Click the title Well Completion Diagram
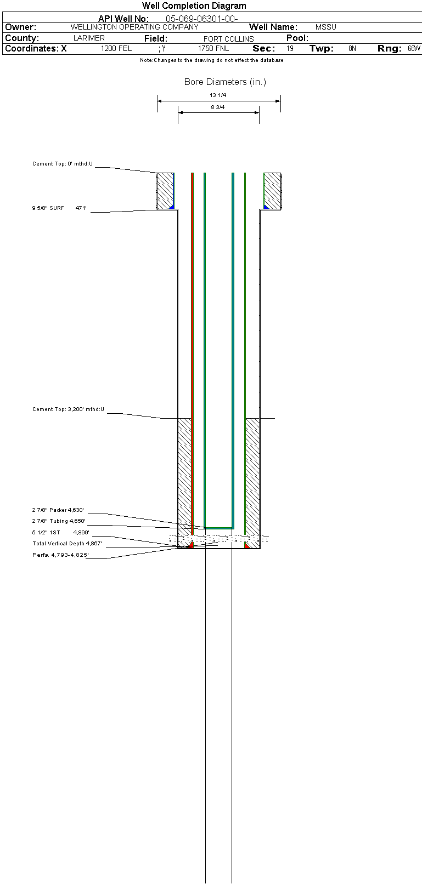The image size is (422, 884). coord(194,5)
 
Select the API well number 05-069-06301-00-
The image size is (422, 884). coord(201,19)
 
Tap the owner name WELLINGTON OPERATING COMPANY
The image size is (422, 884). coord(134,27)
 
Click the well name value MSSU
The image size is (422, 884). coord(325,27)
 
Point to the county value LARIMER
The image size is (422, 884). coord(89,38)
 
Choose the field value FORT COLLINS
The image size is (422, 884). coord(228,39)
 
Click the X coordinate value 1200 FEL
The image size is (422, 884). coord(116,48)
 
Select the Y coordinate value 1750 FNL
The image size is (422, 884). coord(213,48)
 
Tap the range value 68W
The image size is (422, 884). coord(414,48)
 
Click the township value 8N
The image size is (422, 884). coord(352,48)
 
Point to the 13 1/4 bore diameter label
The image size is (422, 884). coord(218,95)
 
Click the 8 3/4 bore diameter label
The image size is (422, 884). coord(218,107)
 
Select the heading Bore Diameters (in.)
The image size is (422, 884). coord(225,82)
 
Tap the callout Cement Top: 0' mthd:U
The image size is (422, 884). coord(63,164)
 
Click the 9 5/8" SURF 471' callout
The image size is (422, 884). coord(59,208)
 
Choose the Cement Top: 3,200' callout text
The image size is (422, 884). coord(69,409)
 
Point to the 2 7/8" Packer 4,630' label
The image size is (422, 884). coord(58,510)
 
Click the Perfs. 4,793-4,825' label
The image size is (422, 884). coord(60,555)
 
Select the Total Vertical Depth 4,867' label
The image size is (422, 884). coord(67,544)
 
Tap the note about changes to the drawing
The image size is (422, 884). coord(211,60)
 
